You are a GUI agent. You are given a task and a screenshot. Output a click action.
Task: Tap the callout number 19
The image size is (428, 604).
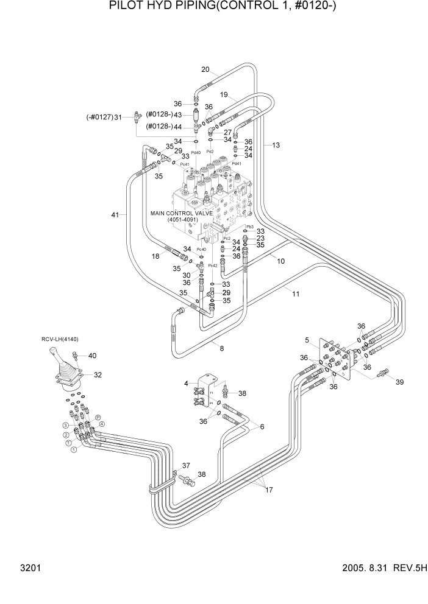coord(224,95)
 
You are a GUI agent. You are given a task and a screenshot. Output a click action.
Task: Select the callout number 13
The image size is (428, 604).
coord(276,145)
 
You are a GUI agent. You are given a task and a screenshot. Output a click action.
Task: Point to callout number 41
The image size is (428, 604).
coord(115,214)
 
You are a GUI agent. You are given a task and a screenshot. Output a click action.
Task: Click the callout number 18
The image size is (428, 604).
coord(155,257)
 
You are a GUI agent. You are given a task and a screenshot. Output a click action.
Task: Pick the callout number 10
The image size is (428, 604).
coord(281,261)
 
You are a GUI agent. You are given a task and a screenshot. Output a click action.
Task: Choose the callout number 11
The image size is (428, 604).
coord(296,293)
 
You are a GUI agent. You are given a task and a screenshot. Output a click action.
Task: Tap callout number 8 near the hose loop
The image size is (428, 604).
coord(222,348)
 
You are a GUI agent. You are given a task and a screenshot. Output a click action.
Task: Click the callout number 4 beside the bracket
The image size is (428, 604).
coord(186,383)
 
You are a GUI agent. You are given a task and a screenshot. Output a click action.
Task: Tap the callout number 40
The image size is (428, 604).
coord(92,356)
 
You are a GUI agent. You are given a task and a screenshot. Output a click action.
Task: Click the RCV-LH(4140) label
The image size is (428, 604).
coord(60,339)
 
